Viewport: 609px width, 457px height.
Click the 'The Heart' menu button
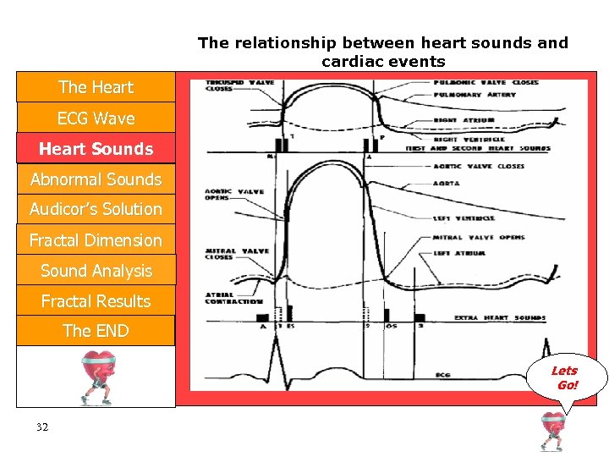pos(96,87)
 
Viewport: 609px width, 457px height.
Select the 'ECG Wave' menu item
pos(96,118)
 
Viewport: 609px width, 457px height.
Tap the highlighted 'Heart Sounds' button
pos(96,149)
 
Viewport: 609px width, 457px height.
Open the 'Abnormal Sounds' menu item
pos(96,179)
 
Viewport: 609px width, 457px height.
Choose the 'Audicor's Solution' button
pos(96,209)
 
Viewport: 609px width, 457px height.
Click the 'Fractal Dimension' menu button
pos(96,240)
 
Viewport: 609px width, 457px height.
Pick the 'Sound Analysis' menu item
pos(96,271)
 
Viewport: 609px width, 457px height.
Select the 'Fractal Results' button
pos(96,301)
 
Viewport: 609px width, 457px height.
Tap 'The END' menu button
pos(96,331)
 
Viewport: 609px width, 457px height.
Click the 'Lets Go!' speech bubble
pos(565,377)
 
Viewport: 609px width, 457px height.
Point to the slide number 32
pos(42,427)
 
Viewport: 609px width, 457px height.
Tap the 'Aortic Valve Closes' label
pos(488,167)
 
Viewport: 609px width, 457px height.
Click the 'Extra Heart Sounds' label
pos(499,318)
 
